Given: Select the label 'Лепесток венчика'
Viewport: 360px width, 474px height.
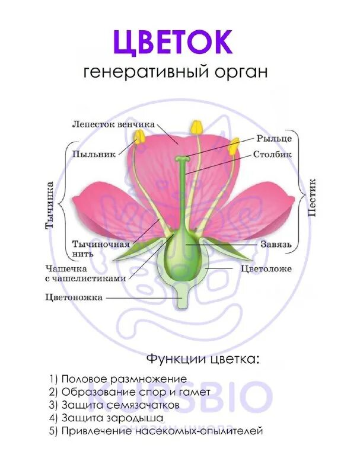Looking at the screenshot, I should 113,124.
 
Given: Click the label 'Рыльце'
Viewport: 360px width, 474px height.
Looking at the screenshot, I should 274,138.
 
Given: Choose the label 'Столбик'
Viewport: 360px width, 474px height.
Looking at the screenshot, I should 272,155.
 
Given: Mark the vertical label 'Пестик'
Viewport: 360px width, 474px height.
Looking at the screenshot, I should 312,197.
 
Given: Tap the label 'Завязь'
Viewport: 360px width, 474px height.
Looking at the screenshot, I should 274,244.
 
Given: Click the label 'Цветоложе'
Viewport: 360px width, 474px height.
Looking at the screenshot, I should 266,268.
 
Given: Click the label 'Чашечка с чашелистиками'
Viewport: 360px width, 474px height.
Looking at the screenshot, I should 85,273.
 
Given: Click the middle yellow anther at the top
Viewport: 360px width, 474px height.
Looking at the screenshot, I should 195,127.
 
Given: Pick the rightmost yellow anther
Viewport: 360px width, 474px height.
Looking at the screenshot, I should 234,145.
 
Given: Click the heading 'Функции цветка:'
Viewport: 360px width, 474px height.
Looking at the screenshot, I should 202,359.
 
